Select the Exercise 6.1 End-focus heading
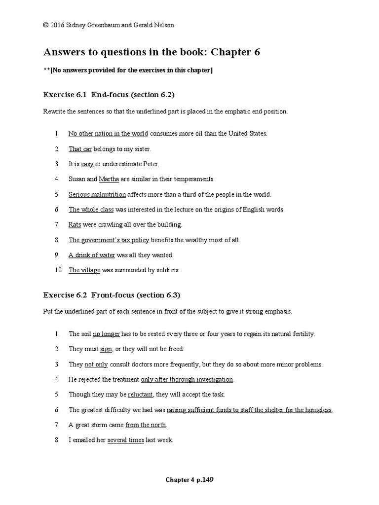coord(109,94)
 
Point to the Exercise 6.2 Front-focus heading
coord(112,295)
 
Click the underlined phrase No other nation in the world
coord(108,133)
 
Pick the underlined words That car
coord(80,148)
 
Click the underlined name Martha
coord(109,179)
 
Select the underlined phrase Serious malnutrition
coord(97,194)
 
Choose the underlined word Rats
coord(75,225)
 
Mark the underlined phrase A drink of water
coord(92,255)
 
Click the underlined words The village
coord(84,270)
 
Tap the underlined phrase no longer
coord(106,334)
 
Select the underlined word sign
coord(106,349)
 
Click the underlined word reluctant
coord(141,395)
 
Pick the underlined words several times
coord(125,440)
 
